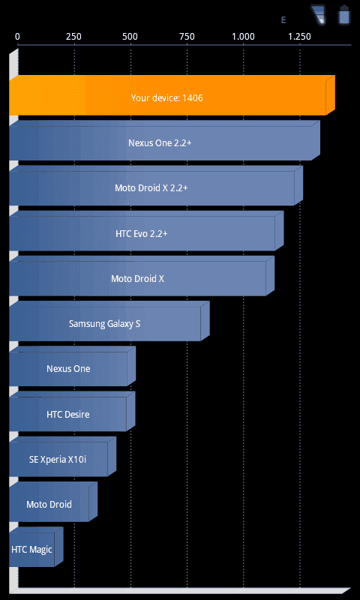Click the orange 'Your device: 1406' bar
(x=172, y=95)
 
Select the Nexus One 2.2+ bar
(x=164, y=140)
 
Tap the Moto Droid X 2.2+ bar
(x=156, y=185)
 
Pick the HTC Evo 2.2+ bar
(x=146, y=231)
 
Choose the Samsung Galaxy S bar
(x=109, y=321)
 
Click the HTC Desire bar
(x=72, y=411)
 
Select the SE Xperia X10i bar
(x=62, y=457)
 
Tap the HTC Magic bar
(x=36, y=547)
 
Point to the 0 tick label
(x=17, y=37)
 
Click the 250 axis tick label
(x=73, y=37)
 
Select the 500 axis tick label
(x=130, y=37)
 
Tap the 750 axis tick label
(x=186, y=37)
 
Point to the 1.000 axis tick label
(x=243, y=37)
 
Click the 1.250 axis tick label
(x=299, y=37)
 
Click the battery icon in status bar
(x=344, y=16)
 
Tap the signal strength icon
(x=318, y=15)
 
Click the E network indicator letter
(x=283, y=20)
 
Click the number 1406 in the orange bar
(x=193, y=98)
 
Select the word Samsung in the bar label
(x=85, y=324)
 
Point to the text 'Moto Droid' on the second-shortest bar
(x=49, y=504)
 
